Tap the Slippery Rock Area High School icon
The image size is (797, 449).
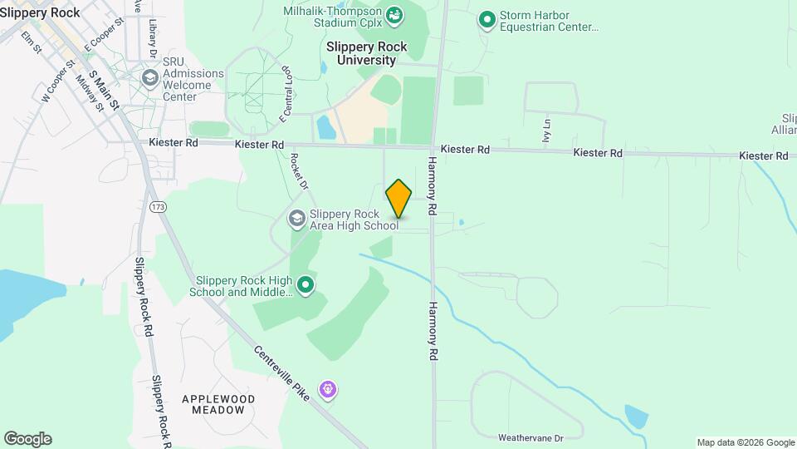[x=296, y=219]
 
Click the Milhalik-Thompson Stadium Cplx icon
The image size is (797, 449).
[x=395, y=15]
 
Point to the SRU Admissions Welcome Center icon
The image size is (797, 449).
[x=150, y=79]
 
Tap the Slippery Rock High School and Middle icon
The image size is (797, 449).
[x=306, y=285]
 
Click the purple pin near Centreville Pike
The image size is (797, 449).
[x=329, y=388]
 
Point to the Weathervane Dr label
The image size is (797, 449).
[x=531, y=437]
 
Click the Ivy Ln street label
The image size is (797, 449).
[x=546, y=130]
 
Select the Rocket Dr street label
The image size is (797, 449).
[x=299, y=173]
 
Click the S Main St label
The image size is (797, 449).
[x=105, y=91]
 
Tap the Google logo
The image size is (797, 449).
[x=27, y=439]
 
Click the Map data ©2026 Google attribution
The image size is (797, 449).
[x=745, y=442]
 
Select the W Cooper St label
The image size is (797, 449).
[x=58, y=81]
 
